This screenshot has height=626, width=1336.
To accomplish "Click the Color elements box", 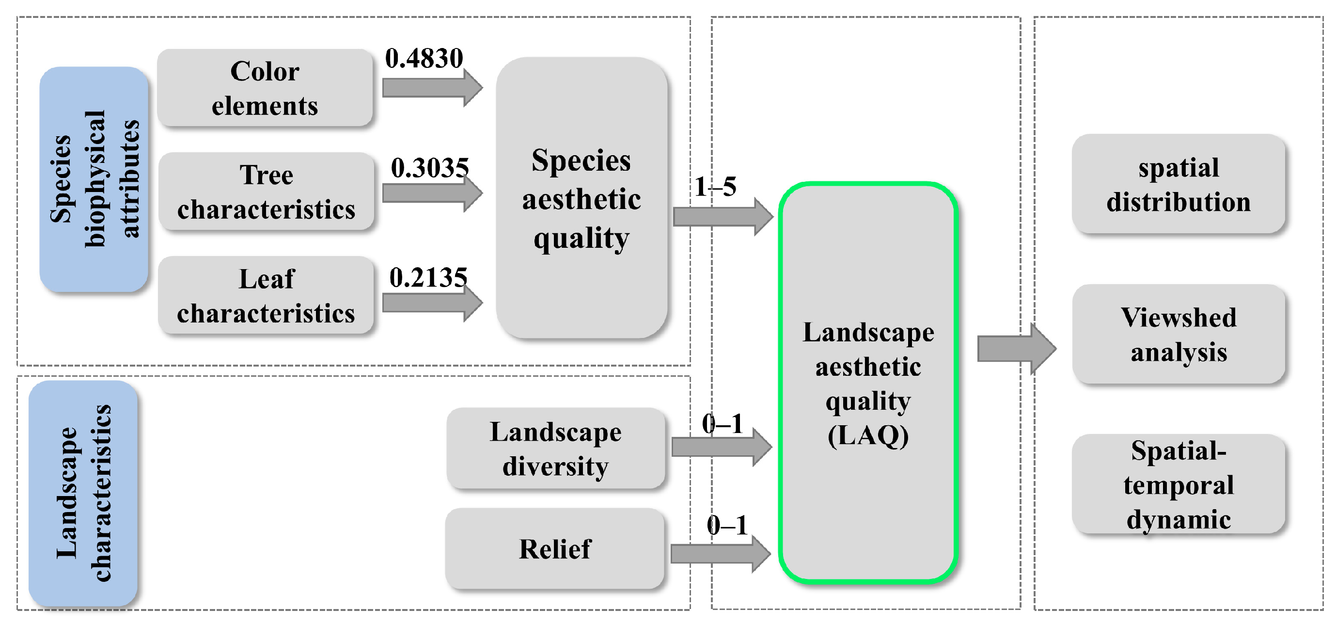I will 265,88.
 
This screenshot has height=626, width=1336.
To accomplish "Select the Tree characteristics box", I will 266,192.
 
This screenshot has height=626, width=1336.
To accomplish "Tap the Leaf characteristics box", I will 266,295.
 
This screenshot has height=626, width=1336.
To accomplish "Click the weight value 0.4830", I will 424,58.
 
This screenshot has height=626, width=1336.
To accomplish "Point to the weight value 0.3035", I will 429,168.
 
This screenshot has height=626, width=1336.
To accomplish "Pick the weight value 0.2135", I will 428,278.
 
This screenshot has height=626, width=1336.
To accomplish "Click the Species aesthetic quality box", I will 581,198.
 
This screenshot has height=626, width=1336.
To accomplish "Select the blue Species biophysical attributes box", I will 94,179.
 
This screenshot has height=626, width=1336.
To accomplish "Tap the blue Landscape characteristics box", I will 83,493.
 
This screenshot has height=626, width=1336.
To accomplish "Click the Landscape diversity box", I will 555,449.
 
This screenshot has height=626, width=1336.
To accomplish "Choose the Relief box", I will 554,548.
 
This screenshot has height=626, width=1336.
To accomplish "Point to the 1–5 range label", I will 715,186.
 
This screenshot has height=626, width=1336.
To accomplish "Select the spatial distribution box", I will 1179,184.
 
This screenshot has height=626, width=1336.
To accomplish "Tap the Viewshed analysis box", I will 1179,334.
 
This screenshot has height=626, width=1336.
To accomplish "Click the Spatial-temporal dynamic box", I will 1179,484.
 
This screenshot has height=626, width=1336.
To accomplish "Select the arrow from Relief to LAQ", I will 720,554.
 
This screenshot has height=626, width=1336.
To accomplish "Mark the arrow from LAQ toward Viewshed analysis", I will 1016,348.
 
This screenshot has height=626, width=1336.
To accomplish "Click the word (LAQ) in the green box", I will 868,435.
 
